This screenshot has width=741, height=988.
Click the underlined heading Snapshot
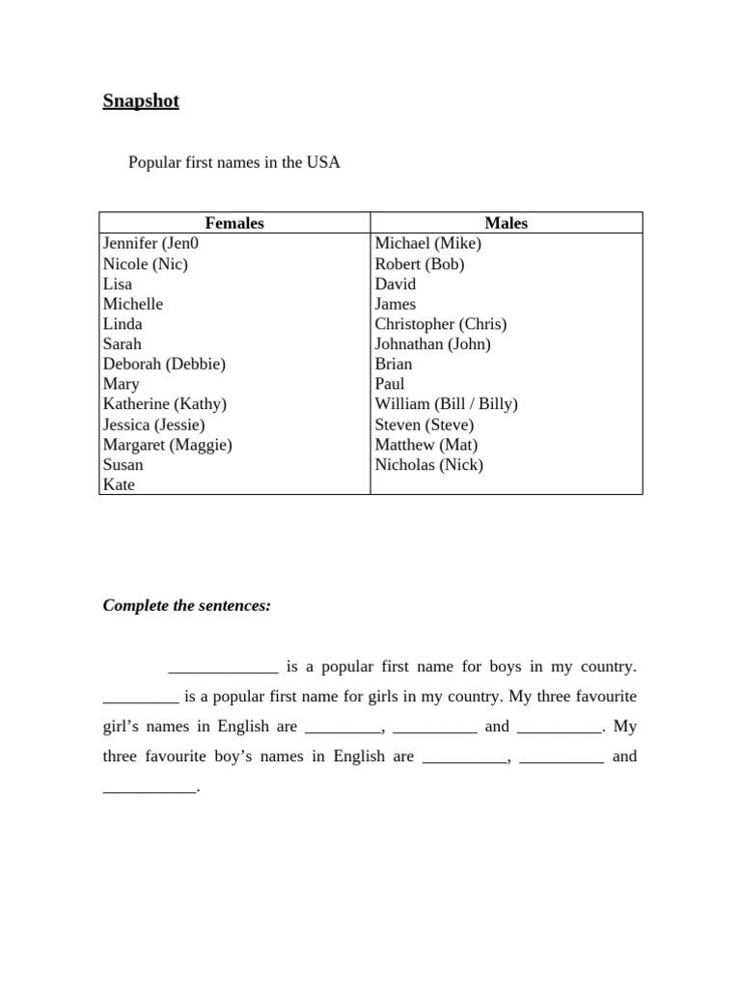point(141,101)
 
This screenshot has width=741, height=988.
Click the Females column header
point(234,223)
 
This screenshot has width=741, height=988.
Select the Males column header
point(507,223)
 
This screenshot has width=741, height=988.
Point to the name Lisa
point(118,284)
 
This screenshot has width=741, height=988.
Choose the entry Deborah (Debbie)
point(164,364)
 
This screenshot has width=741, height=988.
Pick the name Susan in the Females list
point(123,465)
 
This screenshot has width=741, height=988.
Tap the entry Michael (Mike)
point(427,243)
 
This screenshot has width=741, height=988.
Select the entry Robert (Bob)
point(420,263)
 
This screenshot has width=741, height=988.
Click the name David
point(396,284)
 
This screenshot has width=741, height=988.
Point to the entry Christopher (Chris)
point(440,324)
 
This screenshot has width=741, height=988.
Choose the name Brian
point(394,364)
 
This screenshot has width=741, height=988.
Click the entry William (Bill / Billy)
point(446,404)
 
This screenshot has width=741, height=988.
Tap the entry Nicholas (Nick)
point(429,465)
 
